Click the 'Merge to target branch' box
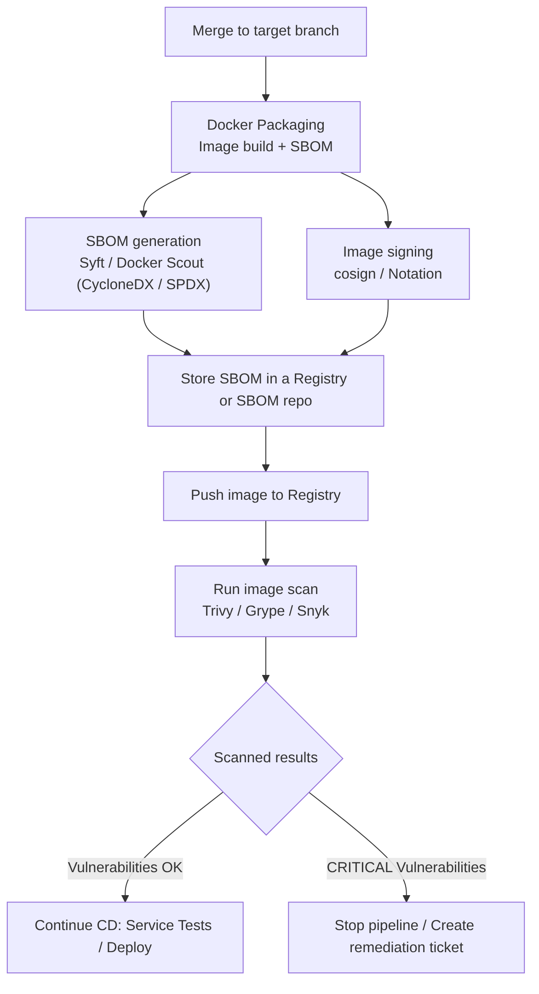click(x=265, y=31)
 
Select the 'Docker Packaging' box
click(x=265, y=137)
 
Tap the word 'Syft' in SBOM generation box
click(x=92, y=263)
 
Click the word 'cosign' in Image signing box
click(x=355, y=274)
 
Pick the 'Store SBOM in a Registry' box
click(x=265, y=390)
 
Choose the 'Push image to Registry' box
click(x=265, y=496)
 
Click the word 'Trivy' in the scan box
click(x=218, y=611)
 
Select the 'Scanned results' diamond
click(x=266, y=758)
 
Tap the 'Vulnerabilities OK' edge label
click(x=125, y=868)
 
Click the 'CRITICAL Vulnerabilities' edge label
click(x=406, y=868)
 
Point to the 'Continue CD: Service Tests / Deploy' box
click(x=125, y=937)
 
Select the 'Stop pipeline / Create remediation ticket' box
click(x=406, y=937)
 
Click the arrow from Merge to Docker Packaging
click(x=266, y=78)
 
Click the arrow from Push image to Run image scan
click(x=266, y=543)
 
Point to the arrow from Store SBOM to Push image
click(x=266, y=448)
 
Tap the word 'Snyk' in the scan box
click(x=313, y=611)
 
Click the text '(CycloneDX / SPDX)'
click(x=143, y=285)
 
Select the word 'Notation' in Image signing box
click(x=415, y=274)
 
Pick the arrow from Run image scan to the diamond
click(x=266, y=658)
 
